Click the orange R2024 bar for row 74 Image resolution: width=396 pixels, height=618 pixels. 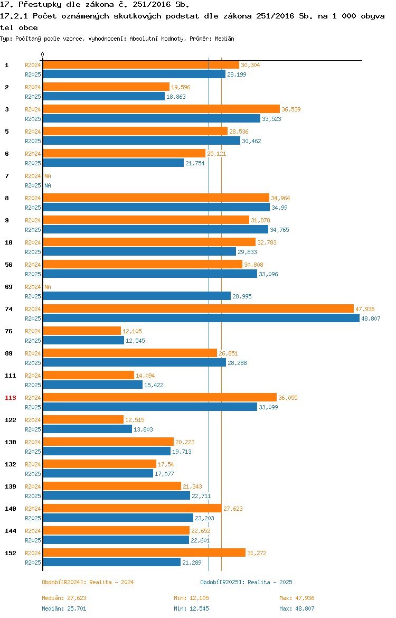tap(198, 309)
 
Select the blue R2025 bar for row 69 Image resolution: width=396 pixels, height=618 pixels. tap(137, 296)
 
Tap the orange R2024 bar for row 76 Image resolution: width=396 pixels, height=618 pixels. tap(82, 331)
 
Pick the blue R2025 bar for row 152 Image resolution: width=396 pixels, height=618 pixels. tap(112, 563)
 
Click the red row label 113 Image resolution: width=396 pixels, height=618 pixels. tap(11, 398)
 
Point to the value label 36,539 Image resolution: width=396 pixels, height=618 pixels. tap(291, 109)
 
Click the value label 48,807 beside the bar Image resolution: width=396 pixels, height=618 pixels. tap(371, 319)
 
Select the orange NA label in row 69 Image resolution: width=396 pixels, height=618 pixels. tap(48, 287)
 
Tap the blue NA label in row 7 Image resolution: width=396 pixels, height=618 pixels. tap(48, 185)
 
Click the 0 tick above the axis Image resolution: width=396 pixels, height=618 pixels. tap(43, 54)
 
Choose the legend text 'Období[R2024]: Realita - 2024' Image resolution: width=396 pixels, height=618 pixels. tap(88, 582)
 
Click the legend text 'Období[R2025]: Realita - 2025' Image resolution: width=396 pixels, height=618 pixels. tap(246, 582)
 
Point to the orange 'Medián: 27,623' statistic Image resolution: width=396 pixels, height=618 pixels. tap(64, 598)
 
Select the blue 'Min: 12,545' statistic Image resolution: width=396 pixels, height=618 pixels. tap(192, 608)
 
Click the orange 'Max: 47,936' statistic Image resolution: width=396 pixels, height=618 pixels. tap(297, 598)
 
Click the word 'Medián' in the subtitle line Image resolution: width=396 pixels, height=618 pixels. tap(224, 39)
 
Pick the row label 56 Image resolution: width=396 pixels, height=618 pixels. tap(8, 265)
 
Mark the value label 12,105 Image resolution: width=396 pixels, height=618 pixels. tap(132, 331)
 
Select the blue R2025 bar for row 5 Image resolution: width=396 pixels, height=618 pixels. tap(142, 141)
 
